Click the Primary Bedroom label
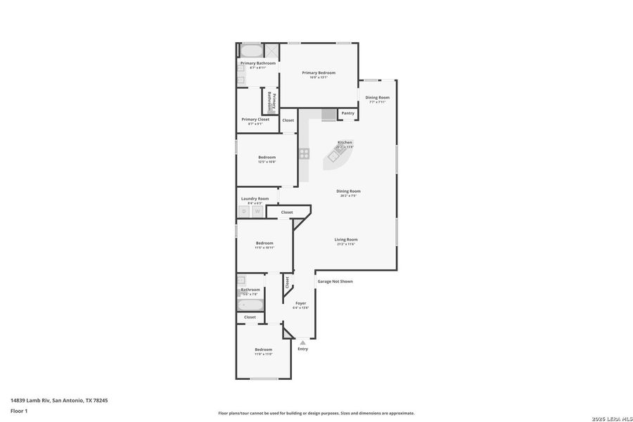click(319, 72)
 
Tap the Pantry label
click(347, 113)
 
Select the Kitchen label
click(345, 142)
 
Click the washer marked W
click(257, 211)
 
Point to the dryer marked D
click(244, 211)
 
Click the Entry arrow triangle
click(302, 343)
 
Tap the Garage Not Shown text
click(335, 281)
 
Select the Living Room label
click(346, 239)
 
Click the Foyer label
click(300, 303)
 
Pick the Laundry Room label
click(255, 198)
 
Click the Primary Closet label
click(255, 119)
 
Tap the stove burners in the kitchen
click(304, 153)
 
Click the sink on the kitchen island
click(333, 157)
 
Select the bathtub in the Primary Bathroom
click(251, 51)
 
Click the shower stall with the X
click(271, 51)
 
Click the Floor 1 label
click(19, 410)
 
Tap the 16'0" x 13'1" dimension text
click(319, 77)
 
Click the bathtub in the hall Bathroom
click(250, 305)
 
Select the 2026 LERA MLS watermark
click(612, 418)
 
